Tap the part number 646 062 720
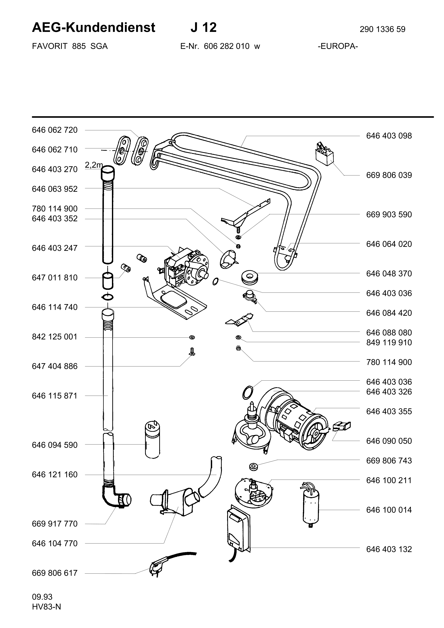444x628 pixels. tap(55, 130)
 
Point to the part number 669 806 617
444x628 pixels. tap(55, 573)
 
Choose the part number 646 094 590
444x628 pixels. tap(55, 445)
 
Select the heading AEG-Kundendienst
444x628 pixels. tap(93, 28)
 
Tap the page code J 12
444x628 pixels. tap(203, 28)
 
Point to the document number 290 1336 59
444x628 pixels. tap(382, 29)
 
